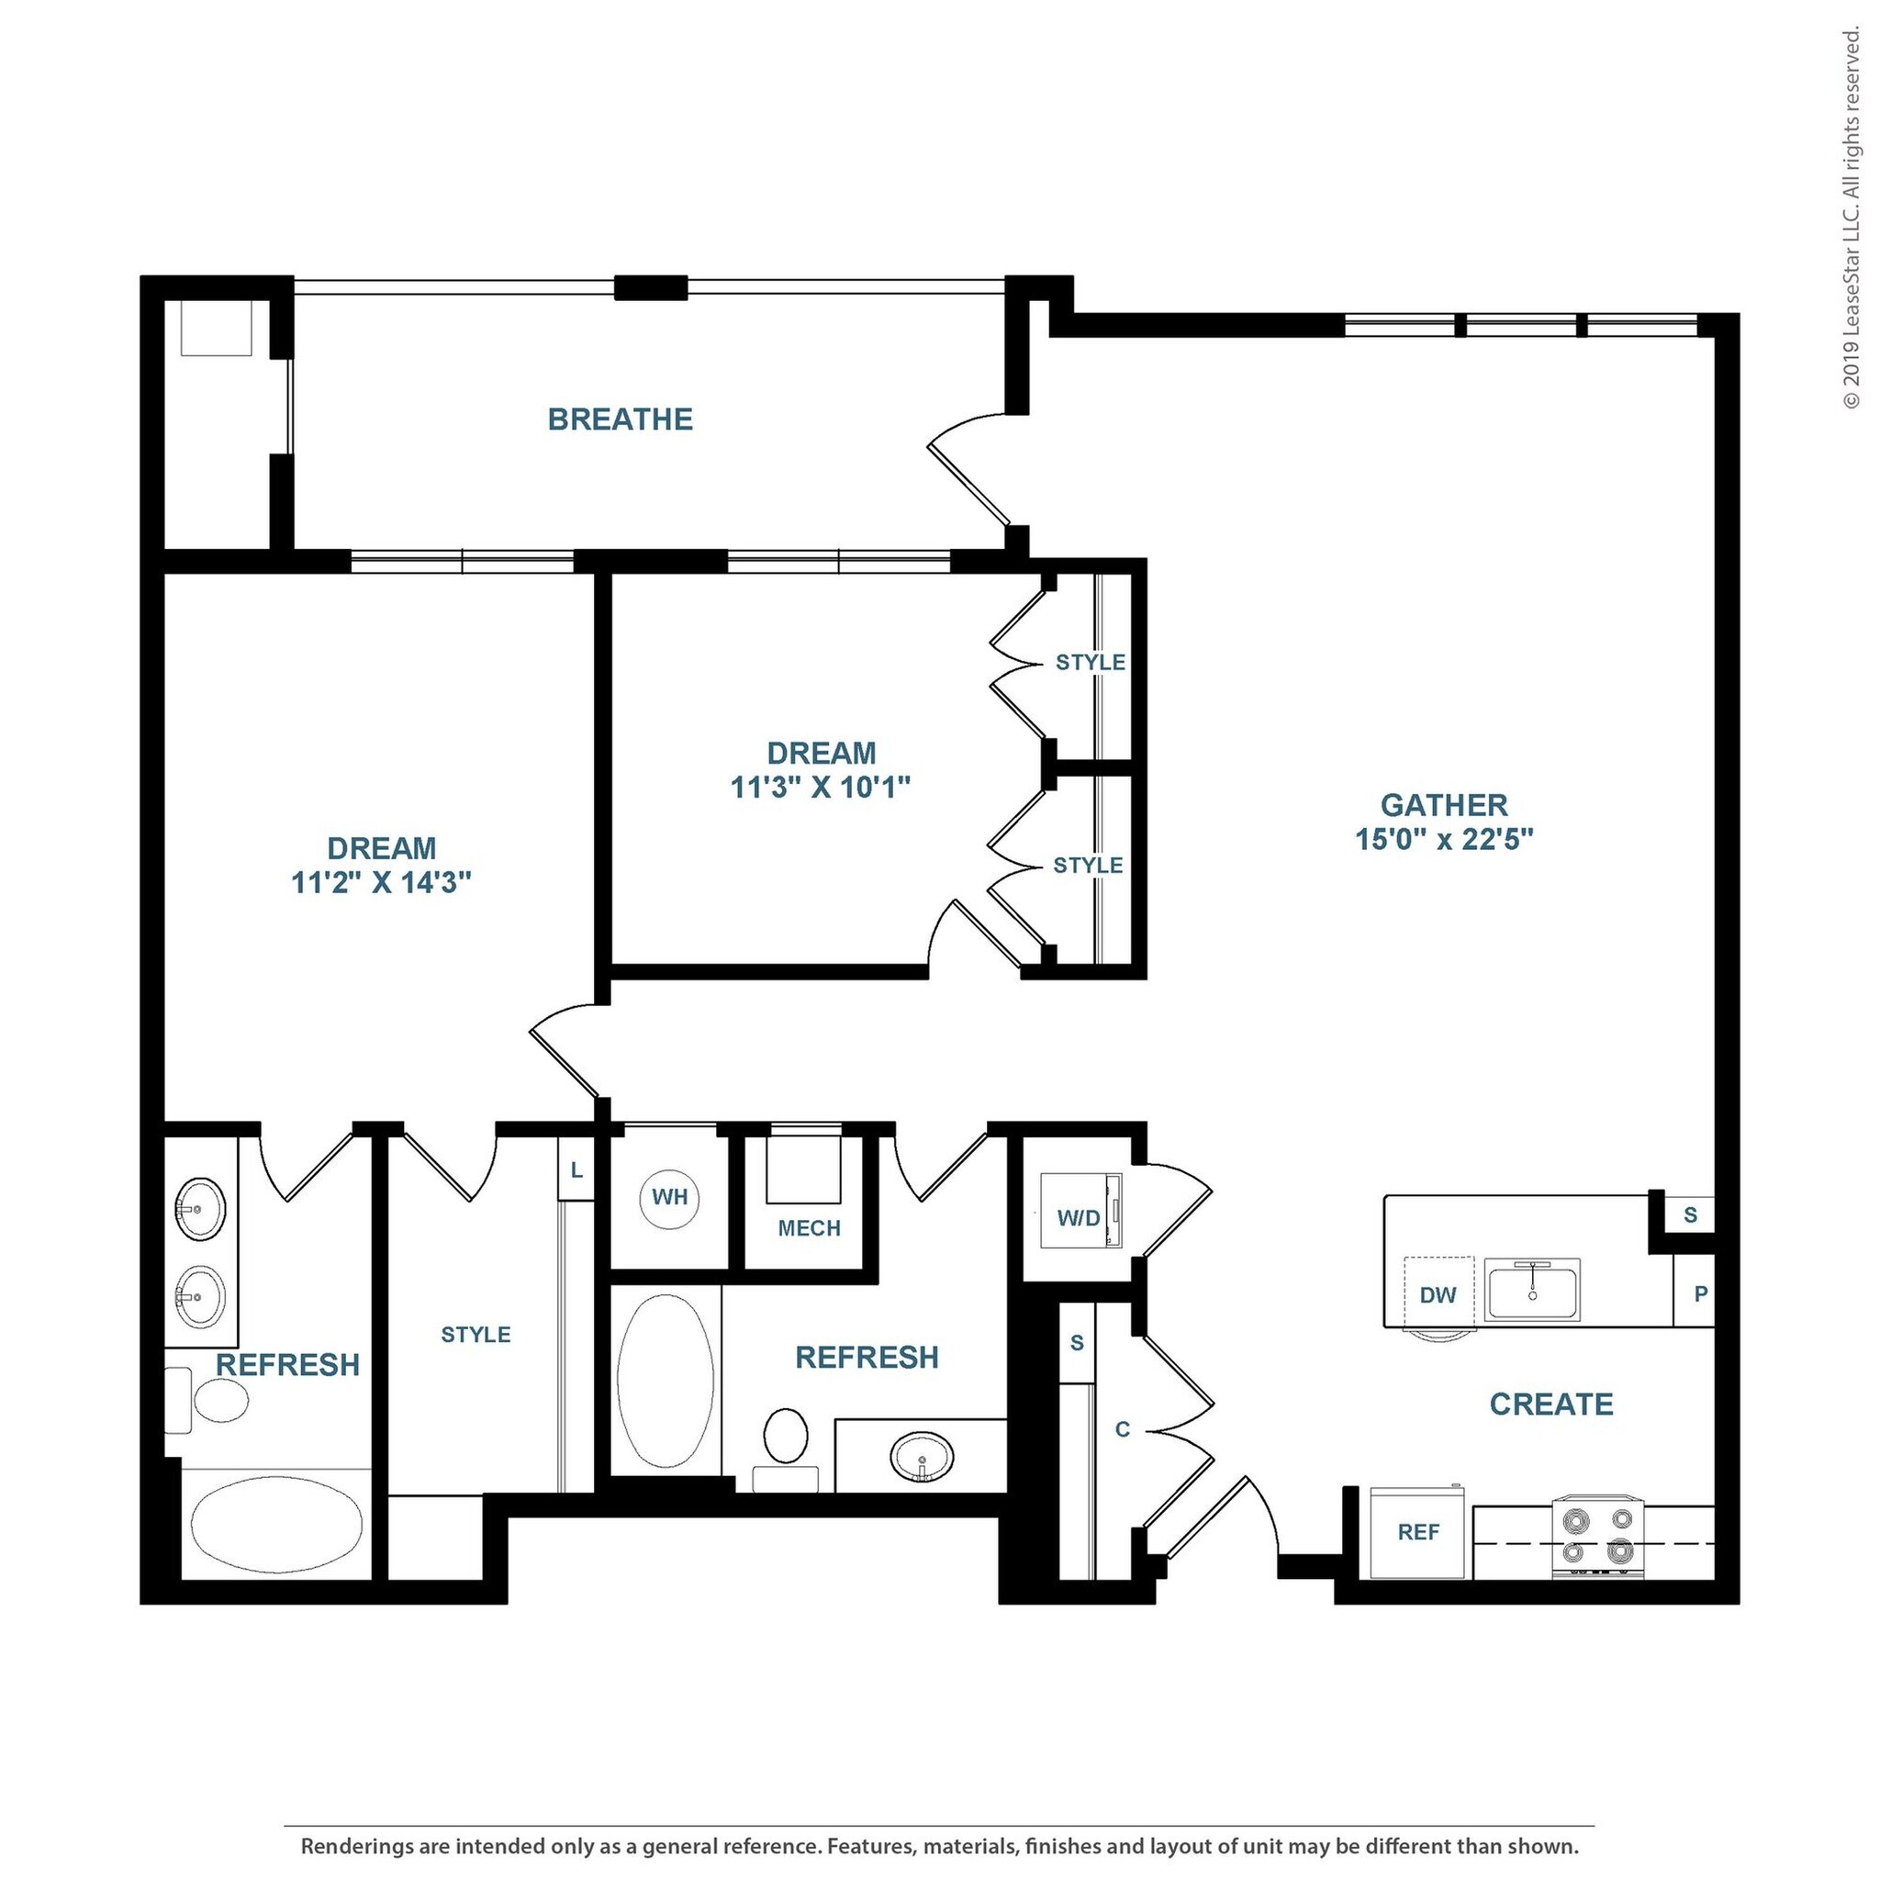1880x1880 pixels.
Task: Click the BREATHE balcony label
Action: tap(620, 420)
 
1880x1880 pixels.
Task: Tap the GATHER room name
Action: tap(1444, 805)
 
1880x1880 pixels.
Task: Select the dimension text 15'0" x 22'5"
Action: tap(1444, 839)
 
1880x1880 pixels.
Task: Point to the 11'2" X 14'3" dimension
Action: tap(382, 882)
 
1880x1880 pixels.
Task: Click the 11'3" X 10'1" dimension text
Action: tap(821, 788)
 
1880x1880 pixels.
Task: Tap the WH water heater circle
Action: tap(669, 1197)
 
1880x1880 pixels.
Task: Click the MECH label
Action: tap(809, 1228)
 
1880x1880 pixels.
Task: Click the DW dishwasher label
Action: tap(1438, 1295)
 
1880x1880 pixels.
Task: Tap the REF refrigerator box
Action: tap(1417, 1533)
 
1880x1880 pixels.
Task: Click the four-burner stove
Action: tap(1597, 1535)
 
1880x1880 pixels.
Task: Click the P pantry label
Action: tap(1701, 1294)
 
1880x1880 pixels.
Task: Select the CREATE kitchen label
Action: tap(1551, 1404)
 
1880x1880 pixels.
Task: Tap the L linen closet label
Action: tap(577, 1170)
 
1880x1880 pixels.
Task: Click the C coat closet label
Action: tap(1123, 1429)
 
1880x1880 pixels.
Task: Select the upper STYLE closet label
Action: tap(1090, 663)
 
